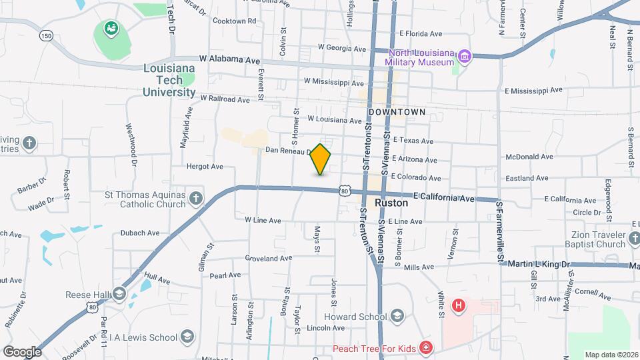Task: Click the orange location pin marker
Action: click(321, 159)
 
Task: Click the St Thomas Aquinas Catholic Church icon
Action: click(195, 198)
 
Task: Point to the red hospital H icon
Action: click(458, 307)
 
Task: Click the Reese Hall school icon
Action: click(119, 294)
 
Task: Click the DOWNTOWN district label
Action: click(396, 112)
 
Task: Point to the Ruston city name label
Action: click(391, 202)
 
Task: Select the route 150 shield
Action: click(45, 35)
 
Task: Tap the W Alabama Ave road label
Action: click(225, 59)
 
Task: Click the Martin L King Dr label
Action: click(540, 265)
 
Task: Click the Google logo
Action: click(22, 351)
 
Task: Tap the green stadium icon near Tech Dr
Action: click(110, 28)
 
